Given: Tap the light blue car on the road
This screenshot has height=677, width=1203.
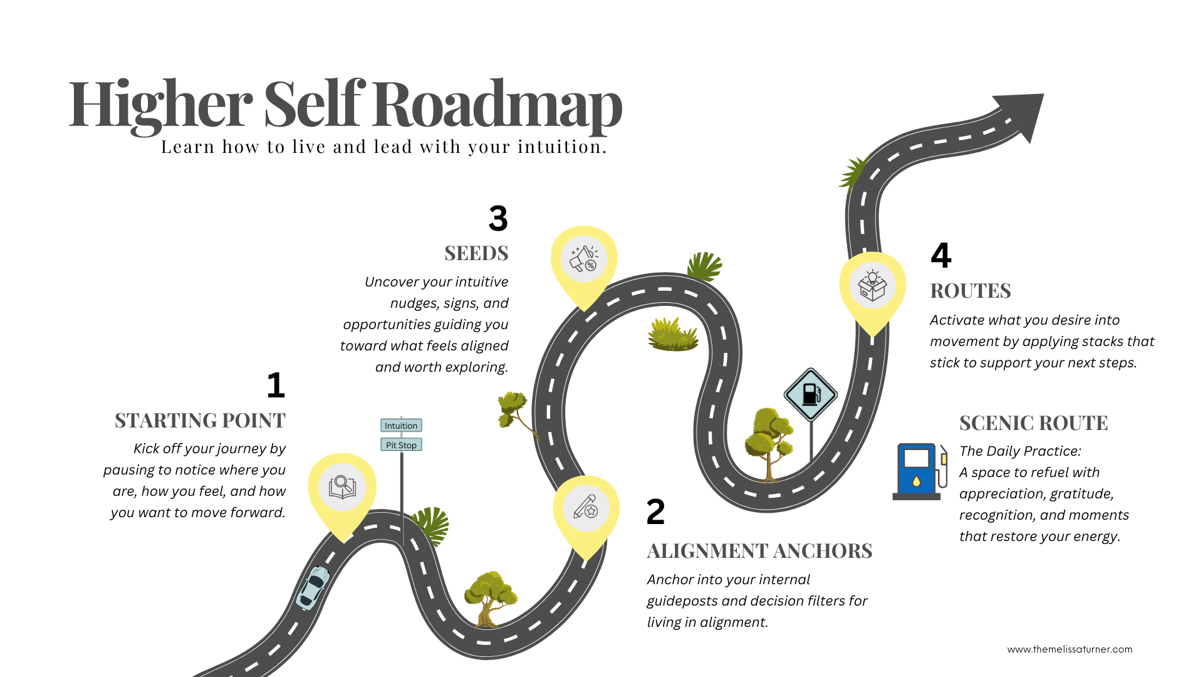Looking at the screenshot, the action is tap(313, 587).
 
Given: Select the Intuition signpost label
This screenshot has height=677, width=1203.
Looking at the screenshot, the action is tap(401, 426).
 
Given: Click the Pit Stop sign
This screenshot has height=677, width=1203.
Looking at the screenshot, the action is tap(401, 445).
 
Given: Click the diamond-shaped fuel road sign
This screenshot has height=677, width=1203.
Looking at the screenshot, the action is tap(811, 394).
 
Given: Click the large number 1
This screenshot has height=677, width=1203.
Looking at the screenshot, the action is tap(276, 385).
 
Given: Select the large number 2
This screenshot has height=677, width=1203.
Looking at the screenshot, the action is tap(655, 512).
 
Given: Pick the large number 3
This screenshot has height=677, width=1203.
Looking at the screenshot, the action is tap(498, 218).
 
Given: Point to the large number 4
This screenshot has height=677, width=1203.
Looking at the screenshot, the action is tap(940, 255).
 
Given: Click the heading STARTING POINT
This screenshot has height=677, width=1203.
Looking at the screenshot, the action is tap(200, 421).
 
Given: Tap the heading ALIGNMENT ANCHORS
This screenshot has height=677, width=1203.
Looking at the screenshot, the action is tap(759, 551).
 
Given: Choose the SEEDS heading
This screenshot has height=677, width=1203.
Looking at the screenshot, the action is tap(476, 253).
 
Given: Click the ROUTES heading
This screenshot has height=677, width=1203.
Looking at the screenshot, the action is tap(971, 291).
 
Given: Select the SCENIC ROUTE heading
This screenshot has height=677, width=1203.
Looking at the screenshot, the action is tap(1033, 423).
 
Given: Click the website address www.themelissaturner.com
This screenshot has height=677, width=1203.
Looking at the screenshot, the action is tap(1070, 649).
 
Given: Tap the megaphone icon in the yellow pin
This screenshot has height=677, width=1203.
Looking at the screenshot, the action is tap(584, 259).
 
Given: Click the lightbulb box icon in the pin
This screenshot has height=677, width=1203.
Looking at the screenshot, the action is tap(872, 286).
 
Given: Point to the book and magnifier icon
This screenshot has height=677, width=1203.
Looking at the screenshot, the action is tap(342, 486).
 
